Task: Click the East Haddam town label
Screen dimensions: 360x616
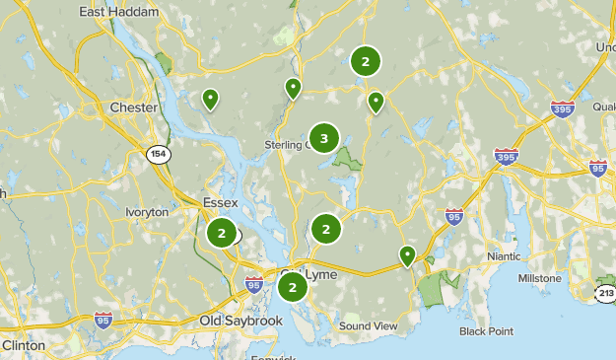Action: [114, 11]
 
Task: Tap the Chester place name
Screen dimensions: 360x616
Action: [133, 108]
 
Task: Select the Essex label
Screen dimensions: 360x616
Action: [220, 203]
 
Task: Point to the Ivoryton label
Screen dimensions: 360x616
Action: [147, 212]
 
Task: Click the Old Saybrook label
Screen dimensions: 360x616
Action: [240, 322]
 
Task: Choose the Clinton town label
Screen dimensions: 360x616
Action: [23, 346]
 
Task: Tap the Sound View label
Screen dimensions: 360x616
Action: [368, 326]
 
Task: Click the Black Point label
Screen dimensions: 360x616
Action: [486, 331]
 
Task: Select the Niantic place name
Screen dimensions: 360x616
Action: [510, 256]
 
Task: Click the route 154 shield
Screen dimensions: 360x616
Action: [157, 154]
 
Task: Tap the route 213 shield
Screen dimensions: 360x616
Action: [605, 293]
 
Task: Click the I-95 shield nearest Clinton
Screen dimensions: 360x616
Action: [103, 319]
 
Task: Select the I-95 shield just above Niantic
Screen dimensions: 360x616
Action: [453, 215]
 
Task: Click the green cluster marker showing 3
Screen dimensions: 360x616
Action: [324, 139]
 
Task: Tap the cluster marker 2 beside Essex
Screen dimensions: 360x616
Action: [222, 234]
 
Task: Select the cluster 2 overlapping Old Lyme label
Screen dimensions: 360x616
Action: [292, 288]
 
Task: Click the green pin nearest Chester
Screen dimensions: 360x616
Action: [210, 99]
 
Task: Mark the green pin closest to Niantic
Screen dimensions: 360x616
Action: [407, 255]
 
